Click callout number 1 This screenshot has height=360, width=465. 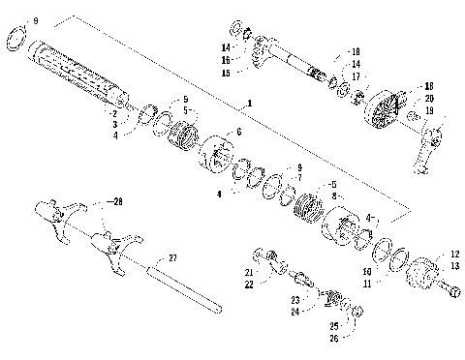tap(249, 102)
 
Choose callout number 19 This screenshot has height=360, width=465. tap(427, 110)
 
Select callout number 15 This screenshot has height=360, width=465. tap(225, 73)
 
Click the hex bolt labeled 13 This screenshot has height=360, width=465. tap(449, 287)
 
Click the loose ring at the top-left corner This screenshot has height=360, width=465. tap(17, 38)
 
